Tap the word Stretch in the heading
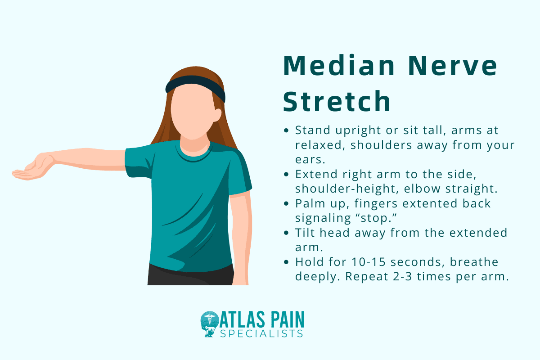tap(337, 102)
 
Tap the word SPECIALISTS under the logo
tap(262, 333)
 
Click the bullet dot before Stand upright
tap(287, 130)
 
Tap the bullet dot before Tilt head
tap(287, 234)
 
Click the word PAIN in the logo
tap(286, 320)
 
